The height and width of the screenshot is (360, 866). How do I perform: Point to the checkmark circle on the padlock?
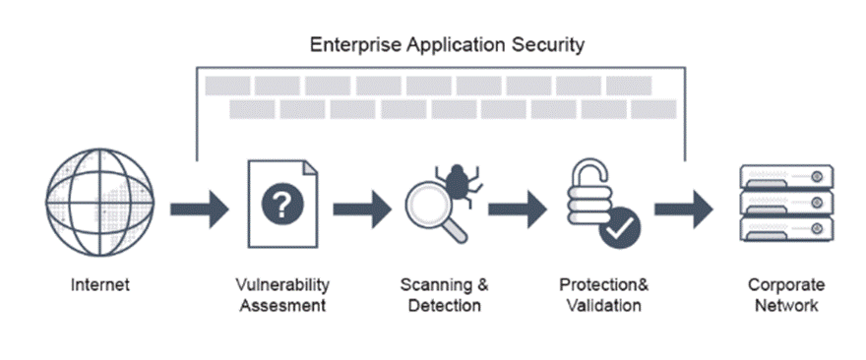point(620,228)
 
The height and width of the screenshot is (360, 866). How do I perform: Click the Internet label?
point(100,285)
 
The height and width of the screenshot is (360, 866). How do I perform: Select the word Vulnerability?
point(282,285)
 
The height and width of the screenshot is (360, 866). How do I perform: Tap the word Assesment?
point(282,305)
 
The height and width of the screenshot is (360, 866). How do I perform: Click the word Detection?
point(445,305)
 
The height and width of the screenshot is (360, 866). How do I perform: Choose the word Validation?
point(604,305)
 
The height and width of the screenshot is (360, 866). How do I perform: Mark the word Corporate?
point(785,285)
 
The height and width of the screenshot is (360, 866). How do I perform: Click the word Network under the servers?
point(785,305)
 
